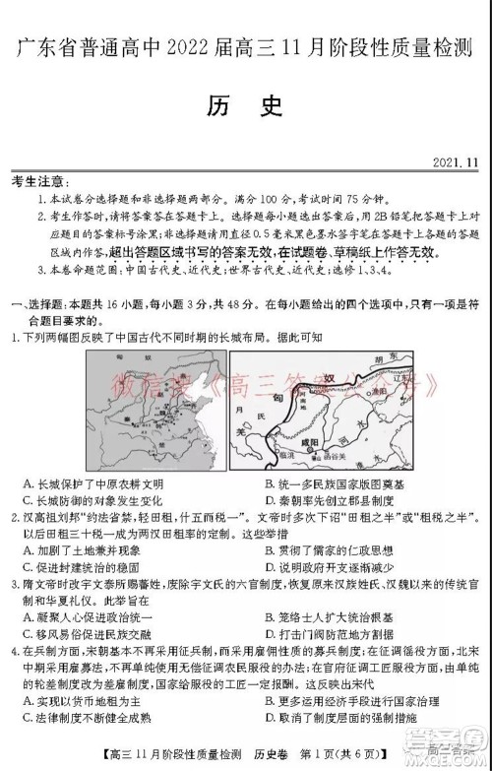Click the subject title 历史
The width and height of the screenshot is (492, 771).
[x=246, y=106]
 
